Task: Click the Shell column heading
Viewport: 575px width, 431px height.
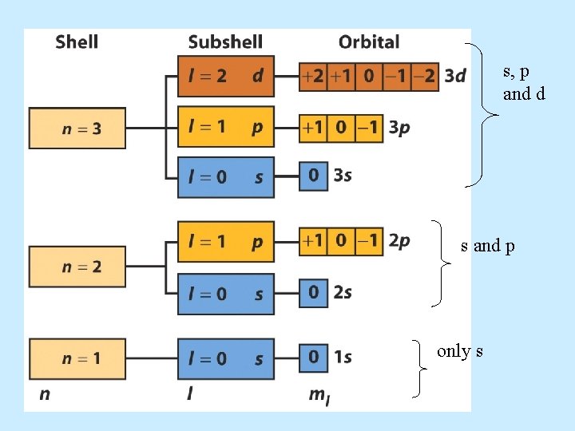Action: pos(77,42)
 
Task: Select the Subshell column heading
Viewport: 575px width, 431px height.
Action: pos(225,42)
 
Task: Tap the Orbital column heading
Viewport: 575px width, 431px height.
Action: pos(369,42)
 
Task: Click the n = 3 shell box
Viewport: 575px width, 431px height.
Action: pos(77,128)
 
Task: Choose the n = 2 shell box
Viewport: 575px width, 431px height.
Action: pos(77,267)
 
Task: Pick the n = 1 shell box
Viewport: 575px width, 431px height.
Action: pos(77,358)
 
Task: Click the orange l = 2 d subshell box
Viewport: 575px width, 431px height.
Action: pos(225,76)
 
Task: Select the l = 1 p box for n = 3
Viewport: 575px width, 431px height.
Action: pos(225,127)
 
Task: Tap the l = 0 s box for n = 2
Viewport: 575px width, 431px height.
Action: pos(225,294)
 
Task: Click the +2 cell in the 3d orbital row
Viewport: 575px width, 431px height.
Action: pos(312,77)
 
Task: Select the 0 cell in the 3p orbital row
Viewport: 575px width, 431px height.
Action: pos(342,128)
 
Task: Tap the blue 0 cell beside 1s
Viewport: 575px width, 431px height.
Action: pos(313,358)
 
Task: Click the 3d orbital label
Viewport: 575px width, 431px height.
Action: pos(455,77)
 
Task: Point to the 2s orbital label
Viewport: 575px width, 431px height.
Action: pos(343,293)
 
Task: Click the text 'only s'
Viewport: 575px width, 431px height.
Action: pos(459,351)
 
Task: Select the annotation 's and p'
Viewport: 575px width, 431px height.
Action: pos(487,246)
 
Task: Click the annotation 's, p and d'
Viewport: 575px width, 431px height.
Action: pos(524,83)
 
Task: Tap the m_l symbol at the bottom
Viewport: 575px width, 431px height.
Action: pos(319,394)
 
